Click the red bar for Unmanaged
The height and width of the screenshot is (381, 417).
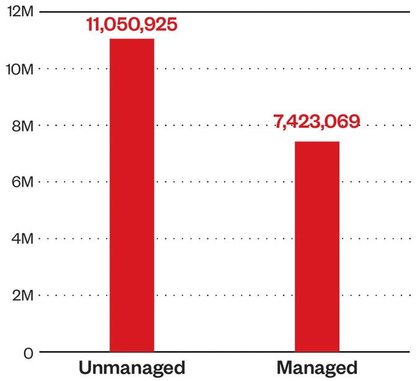[x=132, y=195]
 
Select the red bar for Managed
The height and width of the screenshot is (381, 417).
[x=317, y=246]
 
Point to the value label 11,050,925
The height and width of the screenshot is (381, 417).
[x=132, y=24]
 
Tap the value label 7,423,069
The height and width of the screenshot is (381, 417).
[x=316, y=122]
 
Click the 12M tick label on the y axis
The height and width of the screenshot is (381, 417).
[x=20, y=12]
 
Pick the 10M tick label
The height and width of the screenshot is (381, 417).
[x=20, y=69]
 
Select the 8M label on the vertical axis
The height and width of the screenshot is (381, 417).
[x=23, y=126]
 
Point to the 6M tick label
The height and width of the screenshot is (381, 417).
[x=23, y=182]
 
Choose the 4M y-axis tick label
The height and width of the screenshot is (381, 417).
[x=23, y=239]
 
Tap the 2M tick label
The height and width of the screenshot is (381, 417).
[x=23, y=295]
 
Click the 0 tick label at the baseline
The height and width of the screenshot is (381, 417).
[x=29, y=354]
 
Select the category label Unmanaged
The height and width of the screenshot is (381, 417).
[x=132, y=368]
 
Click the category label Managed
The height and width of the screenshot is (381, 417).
[x=317, y=368]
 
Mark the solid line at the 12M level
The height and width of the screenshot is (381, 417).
[x=225, y=12]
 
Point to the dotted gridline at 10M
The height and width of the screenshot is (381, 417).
[x=225, y=69]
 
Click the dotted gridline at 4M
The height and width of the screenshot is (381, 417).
[x=225, y=238]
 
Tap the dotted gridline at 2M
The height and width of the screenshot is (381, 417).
[x=225, y=295]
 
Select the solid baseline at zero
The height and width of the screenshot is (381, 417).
[x=225, y=352]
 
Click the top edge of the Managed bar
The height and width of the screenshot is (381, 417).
[x=317, y=141]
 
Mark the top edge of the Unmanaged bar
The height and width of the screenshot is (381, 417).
[x=132, y=39]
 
